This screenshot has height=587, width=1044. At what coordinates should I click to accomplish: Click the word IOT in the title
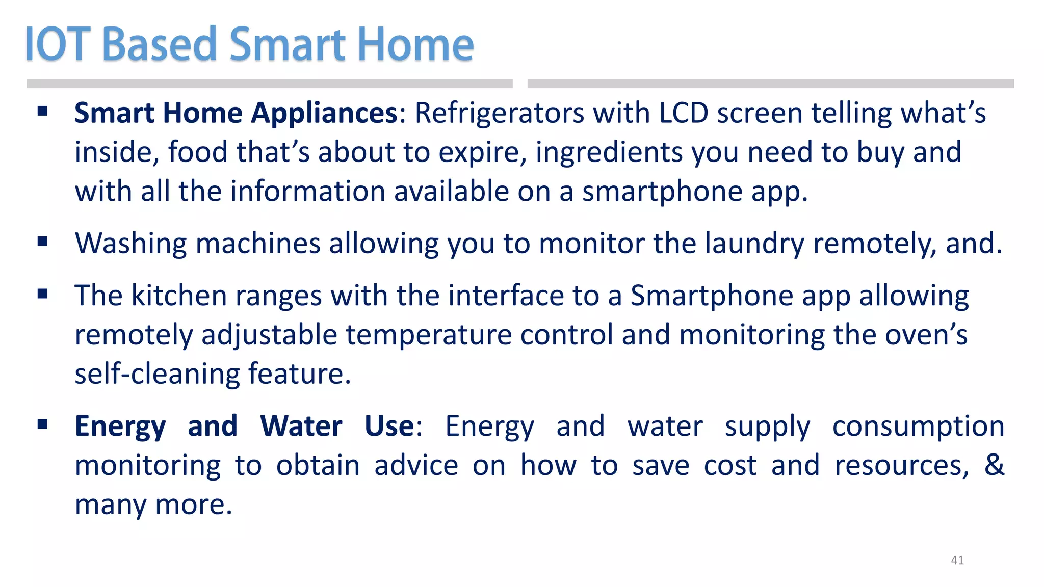pos(58,45)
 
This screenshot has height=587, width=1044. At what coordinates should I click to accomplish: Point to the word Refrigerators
pos(499,113)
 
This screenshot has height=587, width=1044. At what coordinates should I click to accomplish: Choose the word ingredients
pos(609,152)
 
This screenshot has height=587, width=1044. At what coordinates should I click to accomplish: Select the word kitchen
pos(179,296)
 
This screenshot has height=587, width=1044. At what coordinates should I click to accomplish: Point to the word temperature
pos(429,335)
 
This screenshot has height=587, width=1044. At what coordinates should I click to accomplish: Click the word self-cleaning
pos(157,374)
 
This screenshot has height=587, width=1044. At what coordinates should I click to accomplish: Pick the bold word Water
pos(301,426)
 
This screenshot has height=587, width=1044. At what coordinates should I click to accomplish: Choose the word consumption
pos(918,426)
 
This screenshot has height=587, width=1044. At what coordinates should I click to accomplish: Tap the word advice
pos(416,465)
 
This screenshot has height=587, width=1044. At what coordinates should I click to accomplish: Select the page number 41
pos(957,560)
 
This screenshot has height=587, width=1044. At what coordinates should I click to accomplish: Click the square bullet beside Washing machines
pos(43,241)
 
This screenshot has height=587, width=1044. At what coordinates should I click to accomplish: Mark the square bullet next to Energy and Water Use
pos(43,423)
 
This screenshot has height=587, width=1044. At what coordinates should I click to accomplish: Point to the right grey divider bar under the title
pos(770,84)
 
